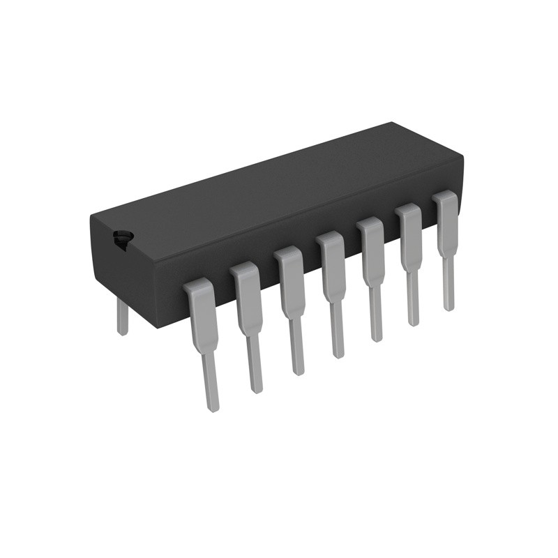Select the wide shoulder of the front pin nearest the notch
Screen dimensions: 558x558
coord(202,307)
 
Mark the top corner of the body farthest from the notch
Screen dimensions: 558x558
coord(392,123)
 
